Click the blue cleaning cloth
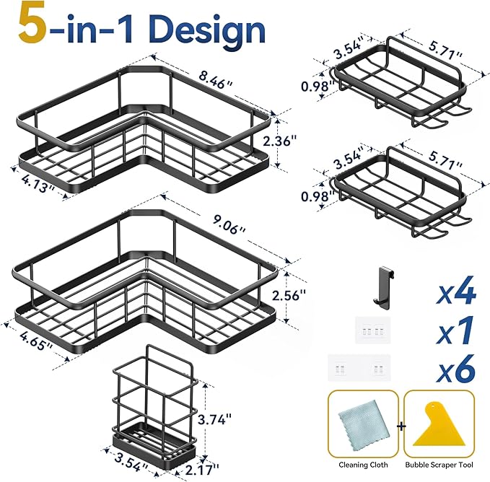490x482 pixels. [x=364, y=424]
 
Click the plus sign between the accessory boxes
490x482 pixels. [x=401, y=426]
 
